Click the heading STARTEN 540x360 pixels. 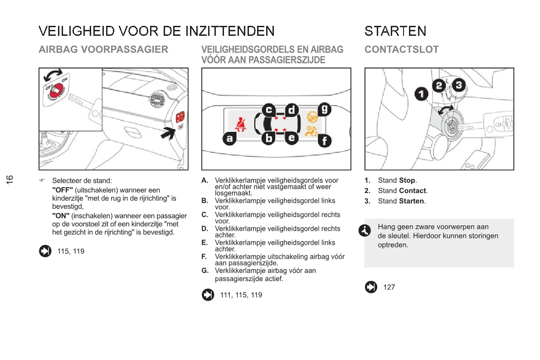(x=395, y=31)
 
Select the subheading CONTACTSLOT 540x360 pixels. (x=401, y=49)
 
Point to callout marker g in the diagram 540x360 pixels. (x=325, y=109)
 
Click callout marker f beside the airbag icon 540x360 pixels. (x=324, y=141)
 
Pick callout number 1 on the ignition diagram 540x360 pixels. (x=421, y=94)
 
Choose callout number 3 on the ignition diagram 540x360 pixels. (x=459, y=85)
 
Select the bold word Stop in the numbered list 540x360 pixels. (x=407, y=180)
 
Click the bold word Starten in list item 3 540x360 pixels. (x=411, y=201)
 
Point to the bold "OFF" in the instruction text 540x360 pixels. (x=63, y=190)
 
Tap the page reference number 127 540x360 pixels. (x=389, y=287)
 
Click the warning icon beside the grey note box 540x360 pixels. (x=364, y=230)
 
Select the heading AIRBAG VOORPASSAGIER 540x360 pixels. (x=103, y=49)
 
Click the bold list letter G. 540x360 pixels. (x=205, y=271)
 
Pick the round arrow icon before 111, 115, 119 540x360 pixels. (x=208, y=295)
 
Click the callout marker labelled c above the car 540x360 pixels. (x=269, y=109)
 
